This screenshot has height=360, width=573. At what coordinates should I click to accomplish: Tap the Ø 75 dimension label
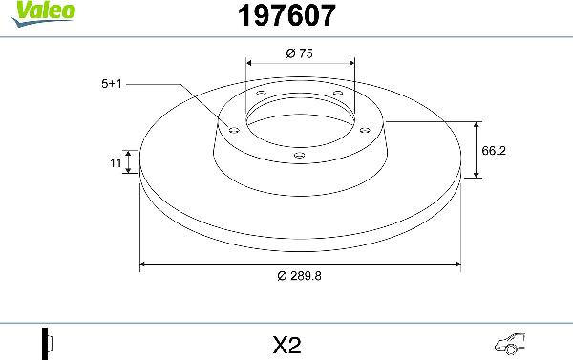(x=300, y=54)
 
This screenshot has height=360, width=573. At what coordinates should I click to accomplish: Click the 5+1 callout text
(x=113, y=84)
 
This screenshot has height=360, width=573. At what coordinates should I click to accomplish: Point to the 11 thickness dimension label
(x=116, y=164)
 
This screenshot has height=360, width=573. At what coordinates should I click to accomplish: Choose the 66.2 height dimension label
(x=494, y=151)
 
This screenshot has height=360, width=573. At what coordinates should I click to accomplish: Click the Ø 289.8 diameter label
(x=300, y=276)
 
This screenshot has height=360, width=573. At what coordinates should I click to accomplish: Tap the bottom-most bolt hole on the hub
(x=299, y=155)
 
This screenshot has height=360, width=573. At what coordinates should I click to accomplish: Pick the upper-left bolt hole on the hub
(x=262, y=93)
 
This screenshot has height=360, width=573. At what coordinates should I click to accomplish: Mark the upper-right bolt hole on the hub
(x=337, y=93)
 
